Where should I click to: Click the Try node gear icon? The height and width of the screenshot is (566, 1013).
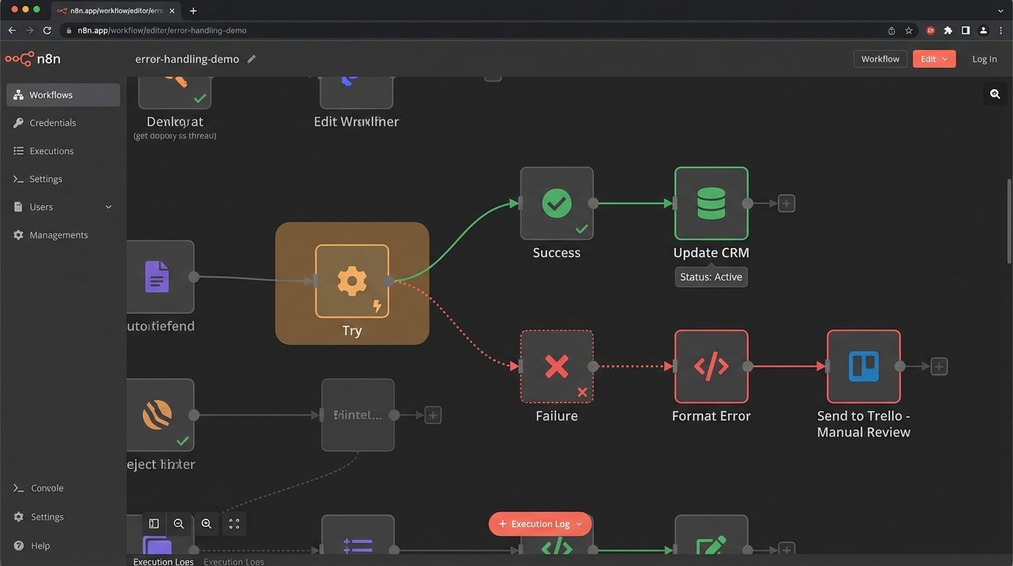[x=352, y=281]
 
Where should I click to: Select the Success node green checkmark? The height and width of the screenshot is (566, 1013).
[x=557, y=203]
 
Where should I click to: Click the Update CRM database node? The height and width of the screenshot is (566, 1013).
[x=711, y=203]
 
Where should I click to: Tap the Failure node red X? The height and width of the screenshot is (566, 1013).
[x=557, y=366]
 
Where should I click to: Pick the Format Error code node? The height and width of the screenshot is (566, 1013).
[x=711, y=366]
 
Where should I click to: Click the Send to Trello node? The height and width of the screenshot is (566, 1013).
[x=864, y=366]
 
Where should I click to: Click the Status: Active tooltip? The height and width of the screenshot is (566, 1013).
[x=711, y=277]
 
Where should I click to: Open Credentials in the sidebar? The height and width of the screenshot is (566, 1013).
[x=52, y=123]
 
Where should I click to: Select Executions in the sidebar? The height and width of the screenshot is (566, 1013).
[x=52, y=151]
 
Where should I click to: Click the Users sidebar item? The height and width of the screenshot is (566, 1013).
[x=41, y=207]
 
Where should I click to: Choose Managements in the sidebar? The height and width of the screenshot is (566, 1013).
[x=58, y=235]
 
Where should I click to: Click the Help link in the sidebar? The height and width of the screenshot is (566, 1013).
[x=40, y=546]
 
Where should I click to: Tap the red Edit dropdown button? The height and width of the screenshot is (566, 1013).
[x=933, y=59]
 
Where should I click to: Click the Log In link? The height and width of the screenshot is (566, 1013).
[x=984, y=59]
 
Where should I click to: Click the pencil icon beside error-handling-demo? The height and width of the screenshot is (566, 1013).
[x=252, y=59]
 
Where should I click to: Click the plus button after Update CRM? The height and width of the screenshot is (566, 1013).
[x=786, y=203]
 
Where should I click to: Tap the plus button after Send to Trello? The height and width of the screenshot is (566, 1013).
[x=939, y=366]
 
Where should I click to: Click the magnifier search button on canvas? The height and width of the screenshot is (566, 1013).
[x=995, y=94]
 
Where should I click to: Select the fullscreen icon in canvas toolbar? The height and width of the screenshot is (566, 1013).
[x=234, y=524]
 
